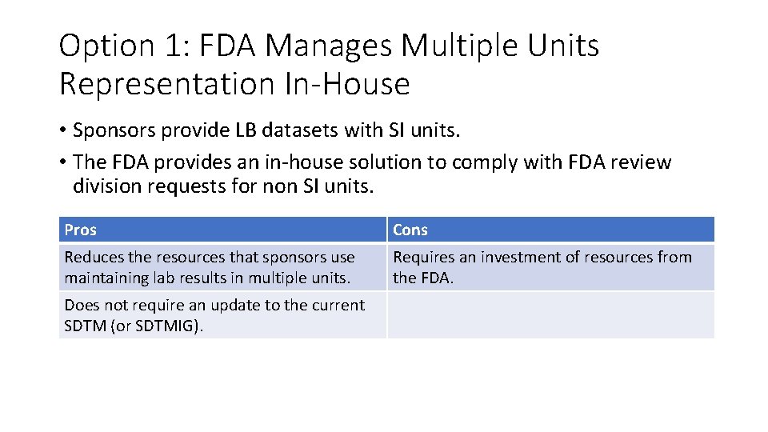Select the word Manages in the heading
click(329, 46)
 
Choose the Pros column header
click(80, 230)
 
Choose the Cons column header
click(410, 230)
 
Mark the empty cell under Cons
click(550, 314)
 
